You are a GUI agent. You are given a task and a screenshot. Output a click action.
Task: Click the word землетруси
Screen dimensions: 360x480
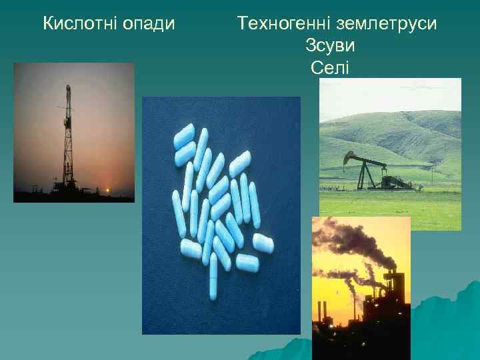[387, 25]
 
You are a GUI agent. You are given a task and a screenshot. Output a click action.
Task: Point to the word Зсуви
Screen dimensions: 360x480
[330, 46]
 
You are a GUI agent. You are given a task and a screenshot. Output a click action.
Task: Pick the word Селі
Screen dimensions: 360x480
[330, 67]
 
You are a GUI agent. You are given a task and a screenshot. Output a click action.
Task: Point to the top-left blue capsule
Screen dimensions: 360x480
[183, 136]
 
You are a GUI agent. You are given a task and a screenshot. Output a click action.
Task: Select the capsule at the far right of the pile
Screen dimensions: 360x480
[263, 243]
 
